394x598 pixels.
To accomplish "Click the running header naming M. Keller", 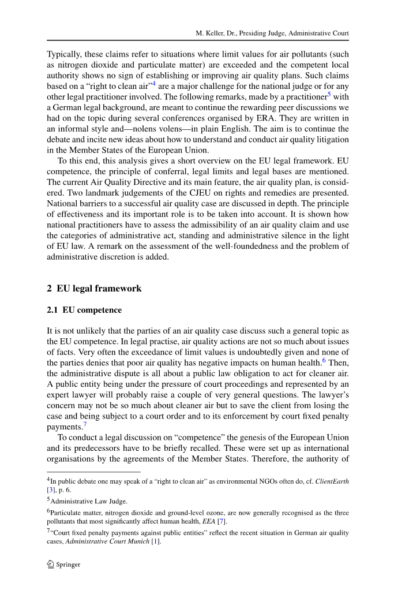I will [272, 33].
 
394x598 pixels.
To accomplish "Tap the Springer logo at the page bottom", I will [63, 564].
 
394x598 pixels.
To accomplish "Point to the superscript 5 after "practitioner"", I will [329, 114].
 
